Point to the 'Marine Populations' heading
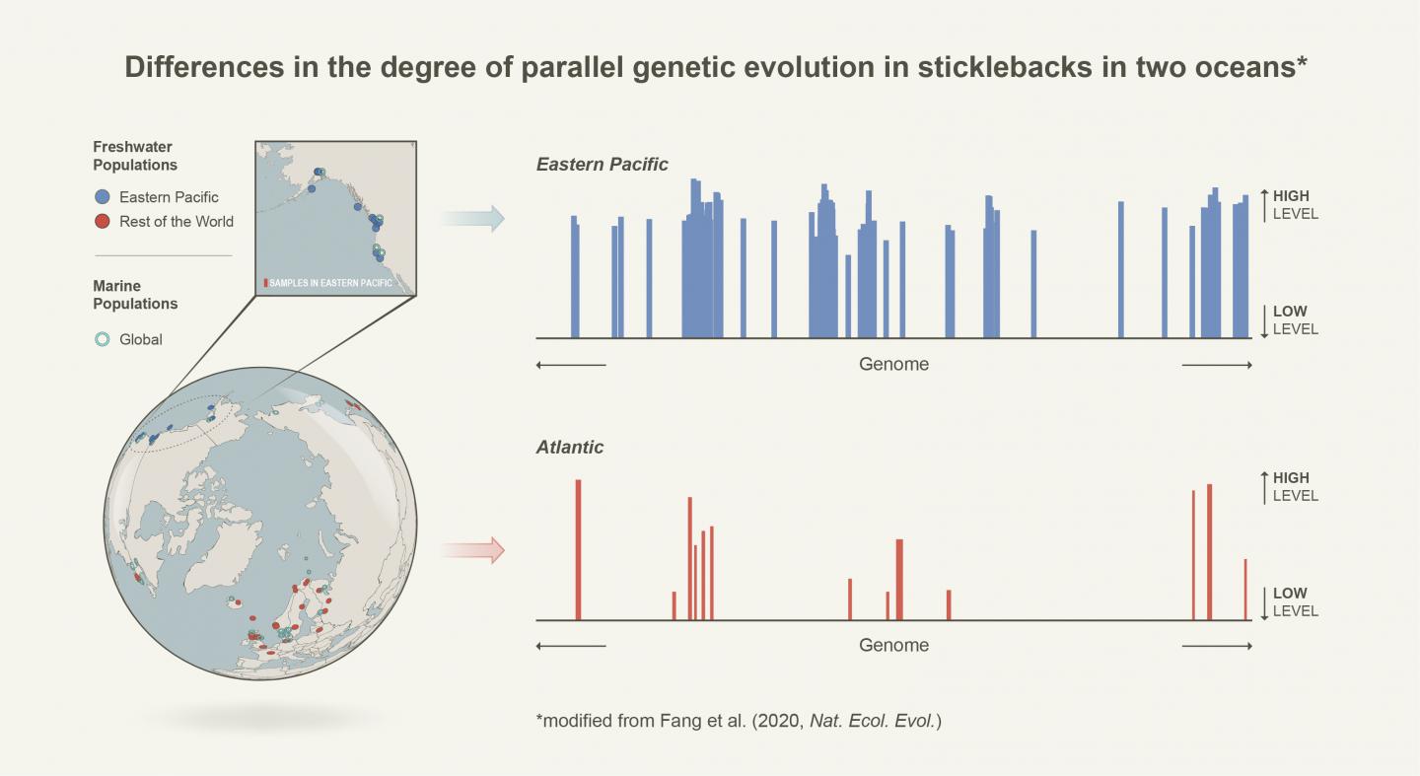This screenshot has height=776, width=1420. click(x=135, y=295)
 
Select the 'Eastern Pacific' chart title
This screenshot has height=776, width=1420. click(x=602, y=165)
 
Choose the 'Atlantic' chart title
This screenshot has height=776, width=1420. click(x=570, y=447)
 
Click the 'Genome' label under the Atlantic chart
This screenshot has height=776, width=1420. click(x=893, y=646)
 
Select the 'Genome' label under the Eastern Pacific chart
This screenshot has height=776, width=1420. click(x=893, y=364)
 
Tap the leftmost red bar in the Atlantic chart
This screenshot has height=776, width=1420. click(x=578, y=550)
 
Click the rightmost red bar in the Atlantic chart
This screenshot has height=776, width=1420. click(x=1245, y=590)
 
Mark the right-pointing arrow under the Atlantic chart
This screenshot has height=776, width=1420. click(x=1217, y=647)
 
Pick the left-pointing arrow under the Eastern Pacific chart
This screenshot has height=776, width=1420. click(x=571, y=365)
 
